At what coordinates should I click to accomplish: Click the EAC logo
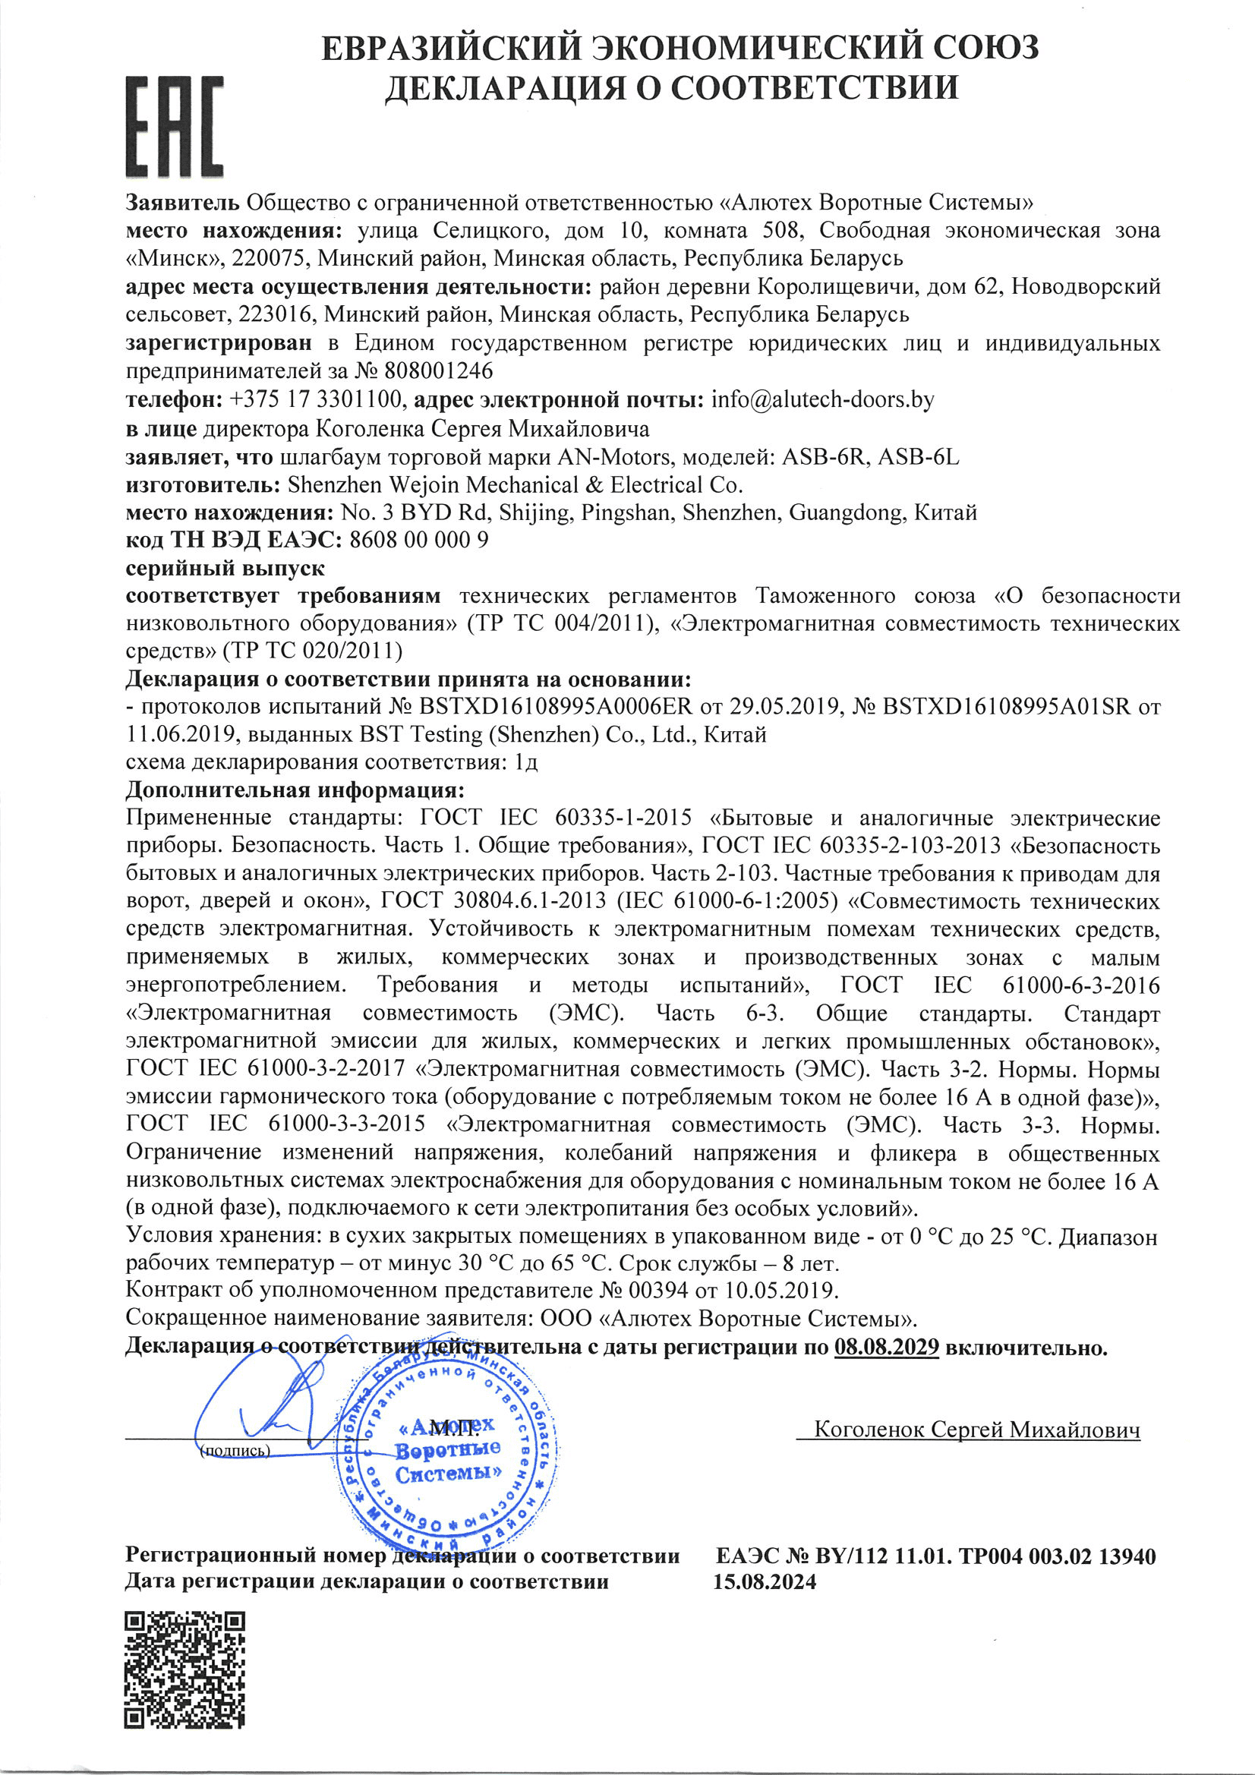(175, 127)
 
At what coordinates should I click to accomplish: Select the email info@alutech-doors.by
(822, 399)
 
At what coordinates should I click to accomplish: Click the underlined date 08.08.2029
(886, 1348)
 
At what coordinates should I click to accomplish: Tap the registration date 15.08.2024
(764, 1581)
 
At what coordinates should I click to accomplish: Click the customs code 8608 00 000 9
(418, 540)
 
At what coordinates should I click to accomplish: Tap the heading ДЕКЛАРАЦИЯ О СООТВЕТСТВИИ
(671, 87)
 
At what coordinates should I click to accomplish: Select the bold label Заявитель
(183, 203)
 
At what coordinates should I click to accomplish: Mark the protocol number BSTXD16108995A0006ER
(556, 707)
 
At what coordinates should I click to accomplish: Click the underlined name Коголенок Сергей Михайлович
(976, 1430)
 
